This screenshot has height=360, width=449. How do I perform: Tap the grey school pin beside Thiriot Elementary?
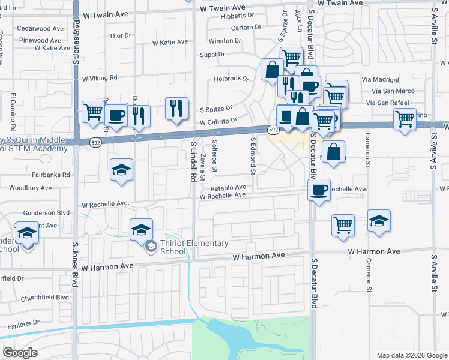pyautogui.click(x=151, y=245)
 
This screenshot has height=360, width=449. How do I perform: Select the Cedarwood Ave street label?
pyautogui.click(x=40, y=28)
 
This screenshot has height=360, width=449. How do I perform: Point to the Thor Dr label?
pyautogui.click(x=119, y=36)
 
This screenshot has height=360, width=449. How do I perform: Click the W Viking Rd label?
pyautogui.click(x=100, y=78)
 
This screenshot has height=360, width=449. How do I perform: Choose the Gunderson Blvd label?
pyautogui.click(x=47, y=213)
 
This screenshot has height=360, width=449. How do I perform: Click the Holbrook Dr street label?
pyautogui.click(x=231, y=79)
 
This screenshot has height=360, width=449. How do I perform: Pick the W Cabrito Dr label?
pyautogui.click(x=218, y=121)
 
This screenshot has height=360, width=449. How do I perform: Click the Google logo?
pyautogui.click(x=20, y=353)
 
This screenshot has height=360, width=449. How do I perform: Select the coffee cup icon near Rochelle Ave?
pyautogui.click(x=319, y=190)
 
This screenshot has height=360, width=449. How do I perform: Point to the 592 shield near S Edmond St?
pyautogui.click(x=273, y=130)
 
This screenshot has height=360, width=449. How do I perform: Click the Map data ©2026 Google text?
pyautogui.click(x=411, y=355)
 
